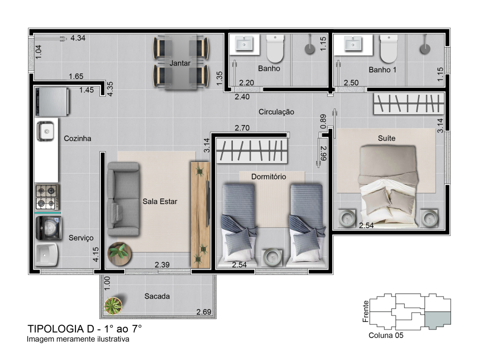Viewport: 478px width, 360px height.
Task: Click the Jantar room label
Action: (180, 63)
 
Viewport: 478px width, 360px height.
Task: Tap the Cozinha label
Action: (77, 138)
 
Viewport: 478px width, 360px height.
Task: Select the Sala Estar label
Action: (160, 201)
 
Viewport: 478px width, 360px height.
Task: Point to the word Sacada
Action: (157, 296)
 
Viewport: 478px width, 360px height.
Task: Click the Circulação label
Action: (276, 112)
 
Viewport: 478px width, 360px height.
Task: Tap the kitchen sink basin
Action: (46, 131)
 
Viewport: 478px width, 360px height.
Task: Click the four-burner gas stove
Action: (47, 197)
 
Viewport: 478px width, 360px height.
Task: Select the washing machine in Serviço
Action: (48, 228)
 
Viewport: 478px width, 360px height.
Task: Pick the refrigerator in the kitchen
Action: (52, 101)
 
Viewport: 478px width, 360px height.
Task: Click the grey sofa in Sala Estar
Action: (123, 199)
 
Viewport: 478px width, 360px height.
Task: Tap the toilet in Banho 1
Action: (389, 48)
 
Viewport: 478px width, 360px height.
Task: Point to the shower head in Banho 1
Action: (425, 49)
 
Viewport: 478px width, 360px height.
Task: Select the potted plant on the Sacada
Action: (113, 305)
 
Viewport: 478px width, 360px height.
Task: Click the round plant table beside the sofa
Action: (119, 254)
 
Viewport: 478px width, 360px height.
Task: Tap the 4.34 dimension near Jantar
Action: (78, 38)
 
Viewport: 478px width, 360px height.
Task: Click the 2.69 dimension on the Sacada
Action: (204, 312)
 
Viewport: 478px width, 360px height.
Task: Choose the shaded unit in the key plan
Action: (438, 320)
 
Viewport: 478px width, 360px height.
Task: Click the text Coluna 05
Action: (386, 335)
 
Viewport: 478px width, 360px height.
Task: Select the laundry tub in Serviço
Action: (46, 254)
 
